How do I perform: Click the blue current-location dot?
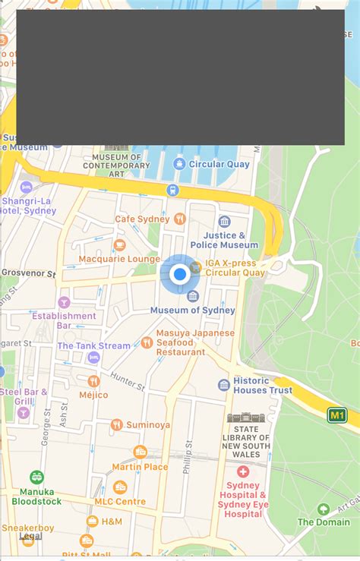click(x=179, y=274)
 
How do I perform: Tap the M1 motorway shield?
click(x=337, y=414)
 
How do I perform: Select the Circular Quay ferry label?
click(x=219, y=164)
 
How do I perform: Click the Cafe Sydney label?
click(x=142, y=219)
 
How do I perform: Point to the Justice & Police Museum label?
click(x=225, y=241)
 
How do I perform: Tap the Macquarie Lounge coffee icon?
click(x=119, y=244)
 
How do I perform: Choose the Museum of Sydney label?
click(x=192, y=310)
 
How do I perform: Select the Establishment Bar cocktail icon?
click(x=64, y=302)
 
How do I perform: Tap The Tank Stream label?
click(x=93, y=345)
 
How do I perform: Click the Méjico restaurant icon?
click(x=93, y=380)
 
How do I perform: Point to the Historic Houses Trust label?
click(x=262, y=385)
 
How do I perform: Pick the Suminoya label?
click(x=148, y=424)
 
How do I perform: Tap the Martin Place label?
click(x=141, y=467)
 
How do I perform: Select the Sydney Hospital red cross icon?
click(x=243, y=471)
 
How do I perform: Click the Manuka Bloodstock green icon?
click(x=36, y=477)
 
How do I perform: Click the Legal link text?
click(x=30, y=536)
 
